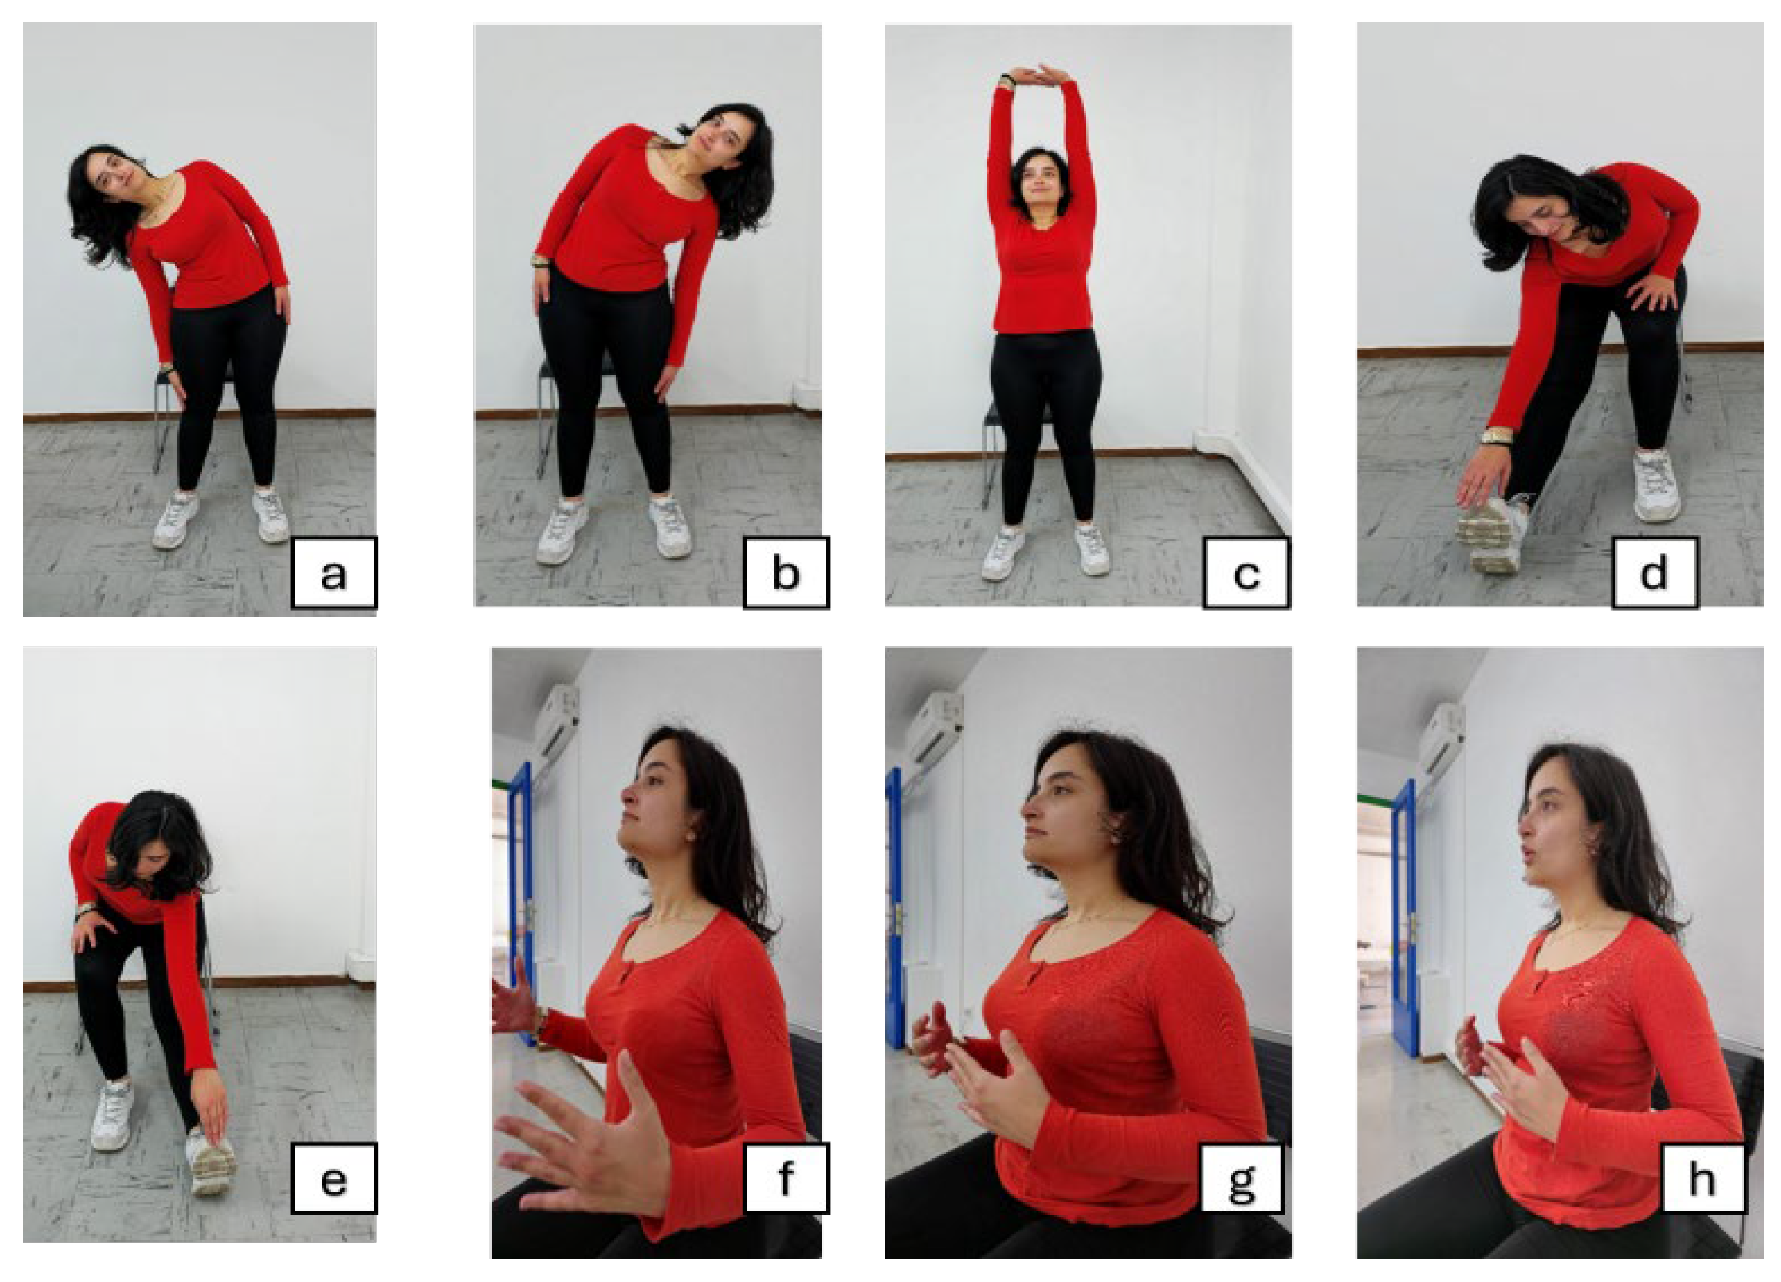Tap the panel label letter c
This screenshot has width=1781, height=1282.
click(x=1246, y=575)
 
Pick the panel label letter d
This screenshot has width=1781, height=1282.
click(x=1653, y=573)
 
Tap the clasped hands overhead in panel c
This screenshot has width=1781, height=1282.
click(x=1038, y=75)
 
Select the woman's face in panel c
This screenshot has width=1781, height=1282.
click(x=1039, y=186)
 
